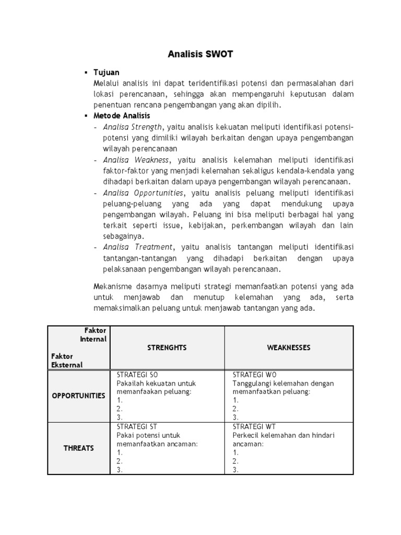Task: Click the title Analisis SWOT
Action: [x=200, y=54]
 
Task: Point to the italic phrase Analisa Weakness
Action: [x=136, y=159]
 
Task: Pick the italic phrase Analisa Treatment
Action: [x=137, y=247]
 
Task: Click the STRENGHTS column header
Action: [x=167, y=347]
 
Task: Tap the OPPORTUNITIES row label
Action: [x=78, y=396]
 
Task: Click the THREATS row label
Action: [x=78, y=448]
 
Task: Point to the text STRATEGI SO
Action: [x=137, y=375]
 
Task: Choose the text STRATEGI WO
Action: [x=254, y=375]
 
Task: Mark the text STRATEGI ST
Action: [x=136, y=426]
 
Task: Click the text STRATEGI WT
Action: [x=253, y=426]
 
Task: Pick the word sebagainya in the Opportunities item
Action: [x=124, y=236]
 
